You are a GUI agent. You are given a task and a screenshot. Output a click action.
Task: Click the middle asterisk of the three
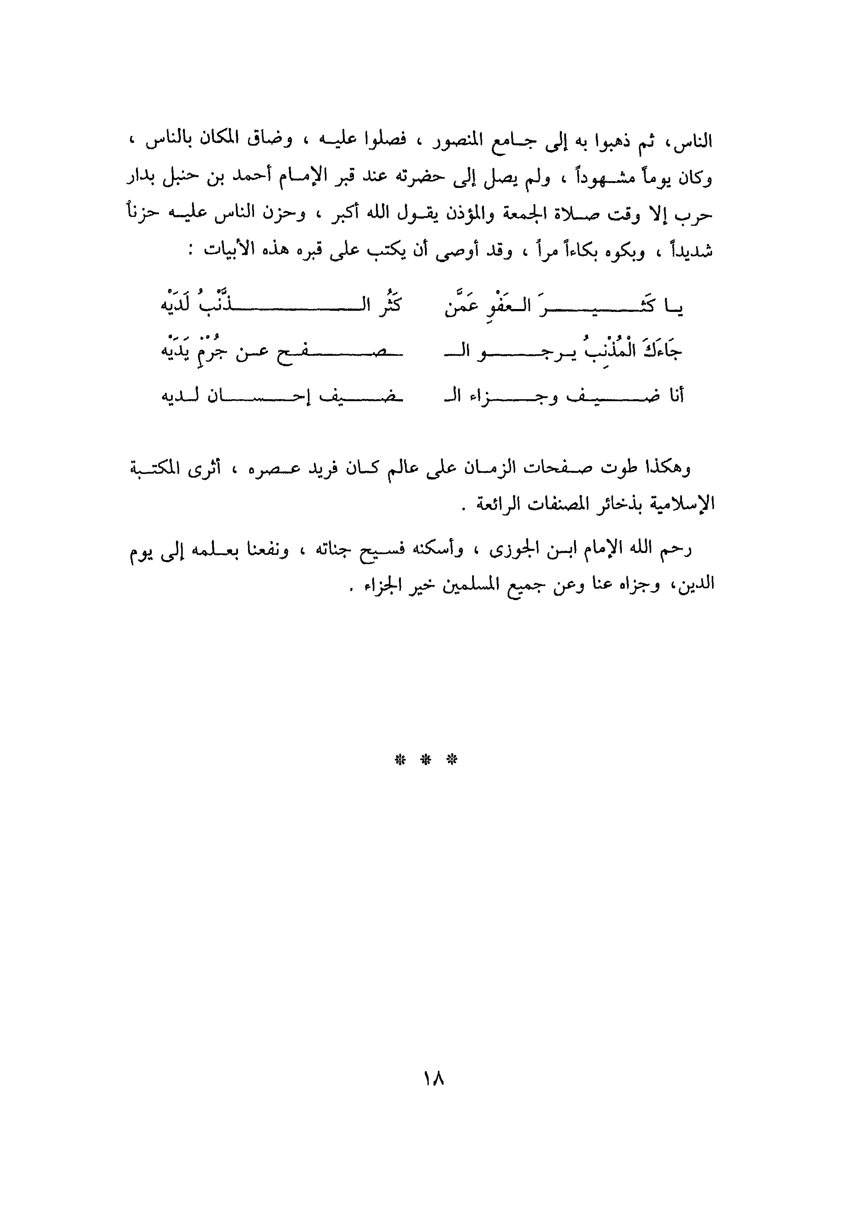426,759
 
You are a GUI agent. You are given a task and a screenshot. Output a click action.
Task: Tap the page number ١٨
433,1079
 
